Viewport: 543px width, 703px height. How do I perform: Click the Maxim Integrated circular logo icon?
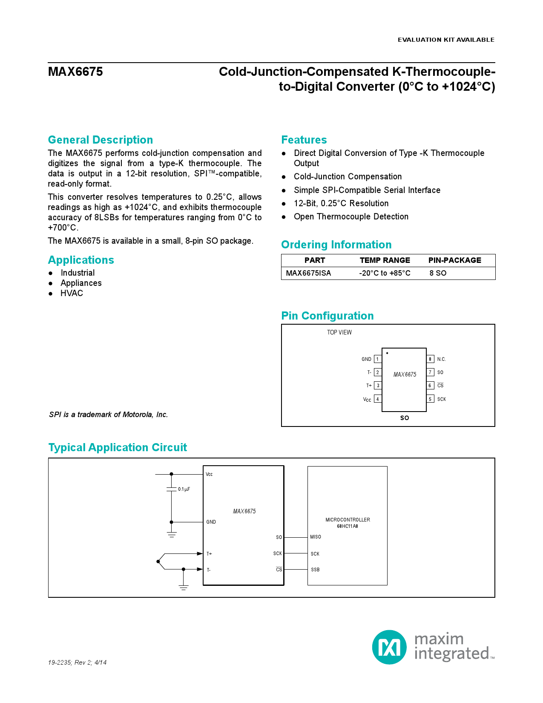point(389,647)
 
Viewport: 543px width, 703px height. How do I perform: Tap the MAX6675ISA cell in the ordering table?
point(308,273)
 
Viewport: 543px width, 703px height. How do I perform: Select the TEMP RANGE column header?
point(385,260)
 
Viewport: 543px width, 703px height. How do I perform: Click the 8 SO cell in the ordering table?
point(438,273)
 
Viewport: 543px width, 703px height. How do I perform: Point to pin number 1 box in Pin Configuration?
point(377,359)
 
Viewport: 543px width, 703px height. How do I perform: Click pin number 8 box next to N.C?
point(430,359)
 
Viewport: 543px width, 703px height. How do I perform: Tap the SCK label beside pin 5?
point(442,399)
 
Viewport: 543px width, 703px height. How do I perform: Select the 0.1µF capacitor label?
point(184,489)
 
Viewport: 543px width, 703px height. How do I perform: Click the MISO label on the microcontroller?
point(316,537)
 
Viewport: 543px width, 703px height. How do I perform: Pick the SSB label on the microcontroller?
point(315,570)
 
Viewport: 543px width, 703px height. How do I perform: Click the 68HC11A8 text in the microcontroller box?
point(348,526)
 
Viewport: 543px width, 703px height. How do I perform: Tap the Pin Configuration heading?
point(327,316)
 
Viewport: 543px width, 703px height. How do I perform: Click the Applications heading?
point(81,260)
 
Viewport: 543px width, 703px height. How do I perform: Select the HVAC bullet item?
point(72,293)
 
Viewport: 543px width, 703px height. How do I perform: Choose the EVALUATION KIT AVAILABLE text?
point(446,40)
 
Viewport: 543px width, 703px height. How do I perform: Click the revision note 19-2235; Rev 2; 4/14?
point(77,663)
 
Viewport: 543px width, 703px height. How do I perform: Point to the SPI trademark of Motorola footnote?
point(108,415)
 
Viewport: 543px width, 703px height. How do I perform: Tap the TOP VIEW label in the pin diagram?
point(339,332)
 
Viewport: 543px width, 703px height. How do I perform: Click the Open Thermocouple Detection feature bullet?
point(351,216)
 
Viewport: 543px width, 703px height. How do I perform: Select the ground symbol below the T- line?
point(184,588)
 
